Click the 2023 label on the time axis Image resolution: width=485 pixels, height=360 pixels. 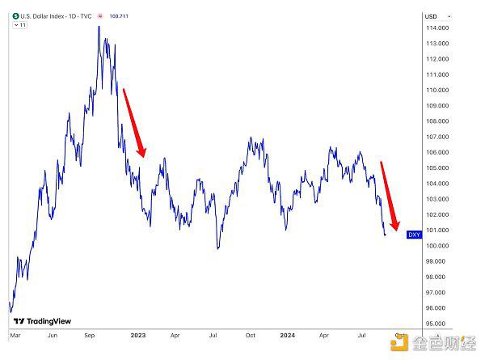(137, 333)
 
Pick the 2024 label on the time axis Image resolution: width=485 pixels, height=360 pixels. (287, 333)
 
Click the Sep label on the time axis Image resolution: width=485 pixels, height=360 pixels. (90, 333)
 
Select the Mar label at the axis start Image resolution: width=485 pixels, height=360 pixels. (15, 333)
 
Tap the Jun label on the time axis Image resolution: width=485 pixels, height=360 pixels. (52, 333)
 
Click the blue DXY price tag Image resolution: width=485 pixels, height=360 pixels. (414, 235)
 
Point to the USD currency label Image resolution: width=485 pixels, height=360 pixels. (431, 16)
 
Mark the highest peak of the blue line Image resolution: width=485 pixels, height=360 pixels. (99, 26)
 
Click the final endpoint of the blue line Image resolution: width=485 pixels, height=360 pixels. (386, 235)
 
